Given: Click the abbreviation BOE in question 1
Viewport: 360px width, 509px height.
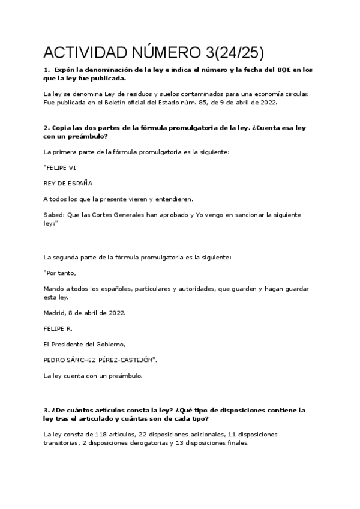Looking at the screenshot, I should [284, 70].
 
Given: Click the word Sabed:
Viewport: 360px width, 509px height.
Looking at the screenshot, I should [56, 214].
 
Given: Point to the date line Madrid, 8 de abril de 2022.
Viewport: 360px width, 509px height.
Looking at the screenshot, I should [84, 313].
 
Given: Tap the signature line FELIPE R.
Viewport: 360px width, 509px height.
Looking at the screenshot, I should [58, 329].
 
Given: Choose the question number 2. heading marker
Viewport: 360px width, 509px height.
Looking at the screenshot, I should [46, 128].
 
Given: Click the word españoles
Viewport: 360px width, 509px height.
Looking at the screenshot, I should [131, 289].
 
